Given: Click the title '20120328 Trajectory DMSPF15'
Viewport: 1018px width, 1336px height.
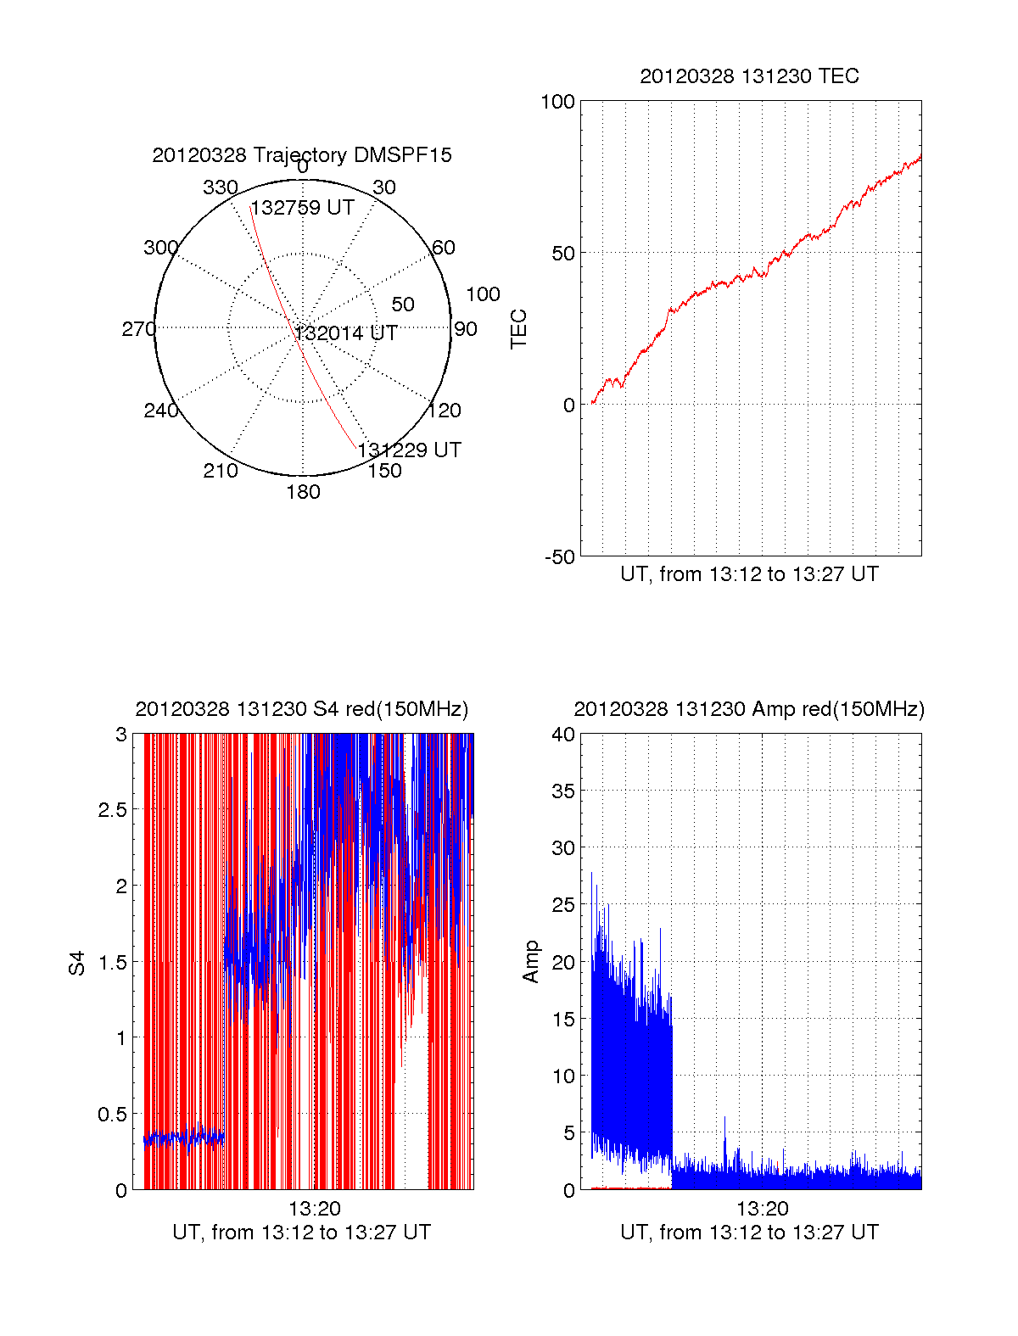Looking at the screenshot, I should click(302, 155).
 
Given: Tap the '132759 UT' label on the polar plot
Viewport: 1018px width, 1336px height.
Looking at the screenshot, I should click(303, 208).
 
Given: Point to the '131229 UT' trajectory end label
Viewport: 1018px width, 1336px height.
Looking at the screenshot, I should click(410, 450).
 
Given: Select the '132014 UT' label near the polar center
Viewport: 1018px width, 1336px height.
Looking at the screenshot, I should click(346, 333).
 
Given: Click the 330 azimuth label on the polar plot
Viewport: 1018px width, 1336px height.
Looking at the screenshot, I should click(220, 187).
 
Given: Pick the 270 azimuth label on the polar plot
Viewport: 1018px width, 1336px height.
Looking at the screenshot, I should click(138, 329).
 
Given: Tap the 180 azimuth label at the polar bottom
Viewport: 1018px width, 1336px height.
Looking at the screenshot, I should click(303, 492).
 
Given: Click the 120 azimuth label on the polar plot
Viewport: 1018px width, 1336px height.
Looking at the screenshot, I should click(445, 411).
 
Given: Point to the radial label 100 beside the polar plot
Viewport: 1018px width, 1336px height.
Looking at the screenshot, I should click(483, 294).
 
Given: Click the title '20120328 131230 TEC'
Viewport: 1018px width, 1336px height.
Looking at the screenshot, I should click(749, 76).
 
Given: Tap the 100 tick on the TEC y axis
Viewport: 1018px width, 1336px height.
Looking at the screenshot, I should click(558, 103).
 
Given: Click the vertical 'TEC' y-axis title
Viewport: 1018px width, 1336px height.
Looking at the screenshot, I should click(518, 329).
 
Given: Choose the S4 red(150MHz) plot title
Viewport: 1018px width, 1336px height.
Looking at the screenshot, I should click(301, 709).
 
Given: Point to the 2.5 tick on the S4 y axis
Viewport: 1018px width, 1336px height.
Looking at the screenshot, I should click(113, 810).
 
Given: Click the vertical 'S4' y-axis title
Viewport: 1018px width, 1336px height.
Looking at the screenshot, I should click(77, 964).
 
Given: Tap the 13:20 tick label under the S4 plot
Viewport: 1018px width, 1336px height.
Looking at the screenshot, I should click(315, 1209).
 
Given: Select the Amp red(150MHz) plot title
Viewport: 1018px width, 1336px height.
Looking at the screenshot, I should click(749, 709).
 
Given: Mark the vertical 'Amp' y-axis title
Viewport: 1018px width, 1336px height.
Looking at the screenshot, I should click(531, 962).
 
